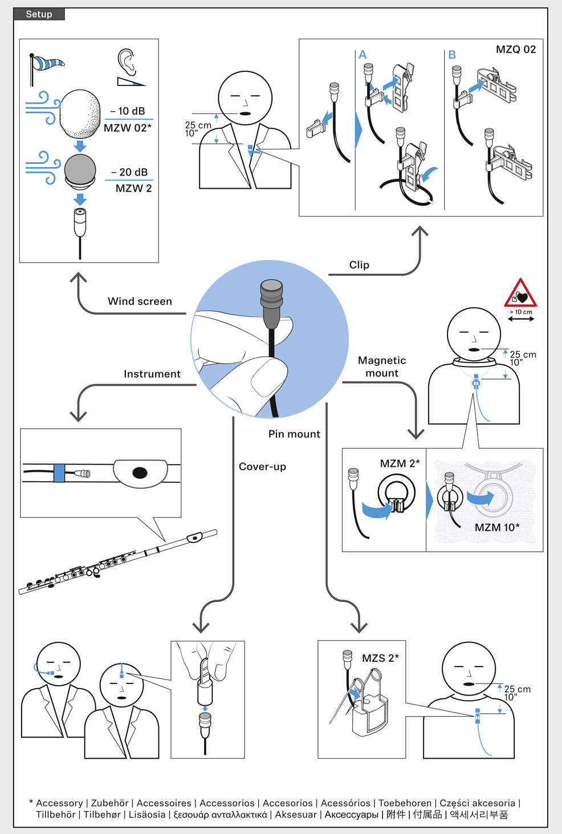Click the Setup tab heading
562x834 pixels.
click(x=39, y=14)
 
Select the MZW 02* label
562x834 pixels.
click(x=128, y=128)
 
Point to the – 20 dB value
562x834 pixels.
click(x=129, y=172)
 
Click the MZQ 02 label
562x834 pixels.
click(x=516, y=50)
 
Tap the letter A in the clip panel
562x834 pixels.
click(x=363, y=55)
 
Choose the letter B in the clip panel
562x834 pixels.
click(x=452, y=55)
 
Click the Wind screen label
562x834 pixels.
click(x=140, y=301)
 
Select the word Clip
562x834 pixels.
click(x=359, y=265)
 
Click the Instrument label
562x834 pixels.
click(x=152, y=374)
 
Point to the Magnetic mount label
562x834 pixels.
click(x=382, y=367)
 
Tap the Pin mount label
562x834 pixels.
click(x=294, y=434)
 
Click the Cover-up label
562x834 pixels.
click(x=262, y=466)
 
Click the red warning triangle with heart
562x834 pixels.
click(x=520, y=295)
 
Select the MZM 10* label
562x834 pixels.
click(x=497, y=527)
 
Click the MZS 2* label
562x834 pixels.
click(x=380, y=658)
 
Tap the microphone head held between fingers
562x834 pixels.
click(x=272, y=296)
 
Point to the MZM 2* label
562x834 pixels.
click(x=400, y=463)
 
